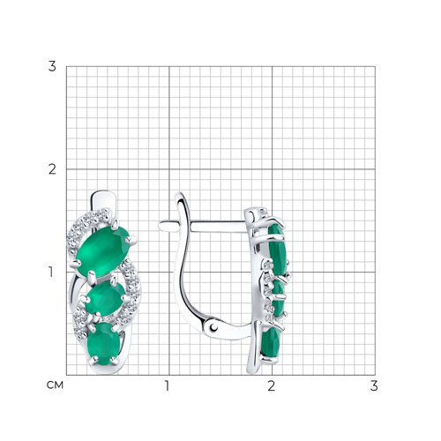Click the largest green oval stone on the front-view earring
click(x=102, y=250)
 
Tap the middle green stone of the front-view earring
click(x=105, y=298)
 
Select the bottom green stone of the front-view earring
click(x=104, y=343)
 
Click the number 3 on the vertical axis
click(x=52, y=66)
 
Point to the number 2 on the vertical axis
click(x=52, y=169)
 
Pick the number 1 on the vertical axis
click(x=51, y=272)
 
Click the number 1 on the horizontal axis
click(x=167, y=385)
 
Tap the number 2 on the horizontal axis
click(x=271, y=385)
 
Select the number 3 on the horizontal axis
click(x=374, y=385)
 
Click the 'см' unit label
click(x=55, y=385)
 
